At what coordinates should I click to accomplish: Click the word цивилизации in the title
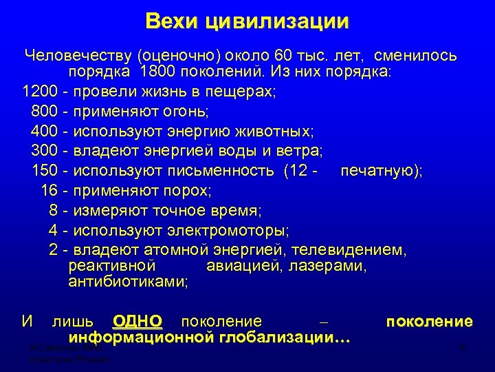(x=277, y=21)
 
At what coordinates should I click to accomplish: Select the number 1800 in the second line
(x=158, y=72)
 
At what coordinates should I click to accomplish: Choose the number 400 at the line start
(x=45, y=130)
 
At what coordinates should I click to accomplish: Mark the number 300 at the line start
(x=45, y=149)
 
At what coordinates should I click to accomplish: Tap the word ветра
(x=300, y=149)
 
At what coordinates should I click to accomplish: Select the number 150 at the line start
(x=45, y=169)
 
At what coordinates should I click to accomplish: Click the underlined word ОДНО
(x=137, y=321)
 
